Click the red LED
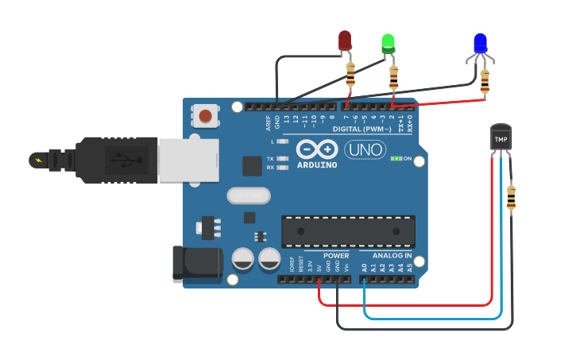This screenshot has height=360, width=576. click(x=345, y=41)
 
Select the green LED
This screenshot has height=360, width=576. click(x=389, y=43)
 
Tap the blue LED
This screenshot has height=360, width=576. click(x=480, y=44)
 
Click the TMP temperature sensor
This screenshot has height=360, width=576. click(x=501, y=140)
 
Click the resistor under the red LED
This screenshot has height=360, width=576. click(x=351, y=76)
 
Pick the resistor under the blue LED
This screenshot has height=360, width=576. click(x=485, y=79)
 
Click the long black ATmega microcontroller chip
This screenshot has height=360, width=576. click(x=348, y=231)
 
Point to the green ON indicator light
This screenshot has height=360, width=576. click(x=396, y=159)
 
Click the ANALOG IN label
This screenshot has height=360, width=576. click(x=392, y=256)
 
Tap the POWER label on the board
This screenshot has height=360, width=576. click(x=336, y=256)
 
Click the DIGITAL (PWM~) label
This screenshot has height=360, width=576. click(x=361, y=129)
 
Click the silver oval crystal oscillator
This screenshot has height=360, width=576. click(x=248, y=195)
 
